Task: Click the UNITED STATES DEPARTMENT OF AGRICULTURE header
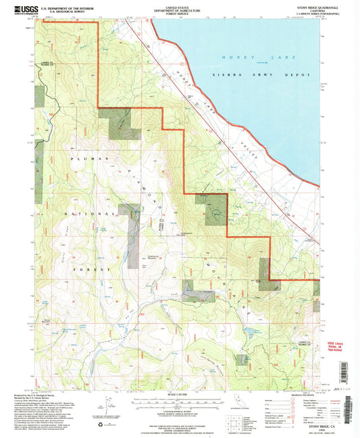180,10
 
